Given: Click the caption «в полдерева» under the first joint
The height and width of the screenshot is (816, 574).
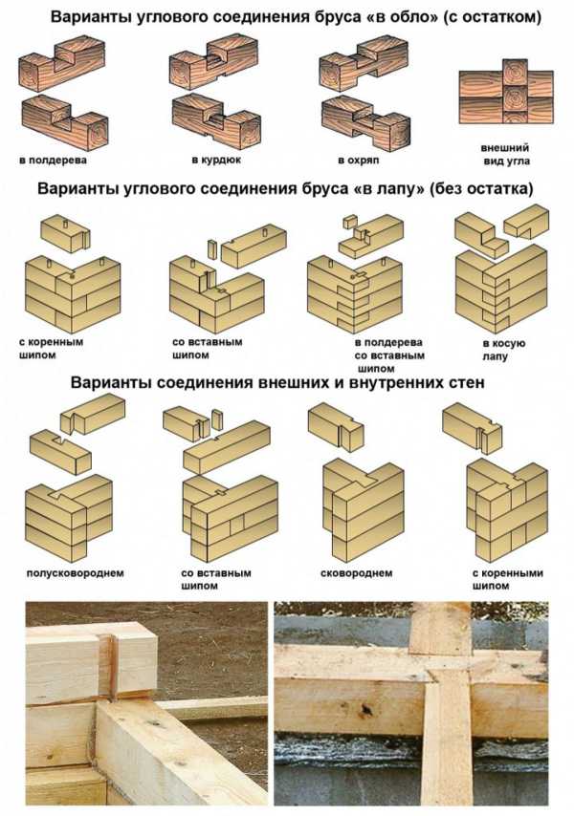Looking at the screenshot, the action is coord(54,160).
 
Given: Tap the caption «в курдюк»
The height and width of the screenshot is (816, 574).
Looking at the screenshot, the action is coord(216,160).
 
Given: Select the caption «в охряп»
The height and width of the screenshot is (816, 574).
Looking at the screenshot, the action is coord(359,161).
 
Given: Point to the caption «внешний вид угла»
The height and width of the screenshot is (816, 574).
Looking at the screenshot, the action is coord(505,155).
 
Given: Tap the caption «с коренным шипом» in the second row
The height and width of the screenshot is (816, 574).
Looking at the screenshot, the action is coord(51,349).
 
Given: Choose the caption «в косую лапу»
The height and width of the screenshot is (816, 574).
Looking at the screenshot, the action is coord(503,350).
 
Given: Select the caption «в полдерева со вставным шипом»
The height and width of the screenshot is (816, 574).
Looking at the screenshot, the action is coord(389,355).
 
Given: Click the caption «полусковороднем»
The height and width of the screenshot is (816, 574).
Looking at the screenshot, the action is coord(75,573).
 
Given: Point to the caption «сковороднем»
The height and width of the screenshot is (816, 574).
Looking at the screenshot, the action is coord(356,573).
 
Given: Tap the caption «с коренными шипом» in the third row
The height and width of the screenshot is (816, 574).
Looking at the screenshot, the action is coord(507,579).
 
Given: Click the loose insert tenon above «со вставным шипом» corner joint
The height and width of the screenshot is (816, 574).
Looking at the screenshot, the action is coord(211,249).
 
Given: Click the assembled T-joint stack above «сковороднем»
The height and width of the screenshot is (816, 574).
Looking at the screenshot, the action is coord(363,507).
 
